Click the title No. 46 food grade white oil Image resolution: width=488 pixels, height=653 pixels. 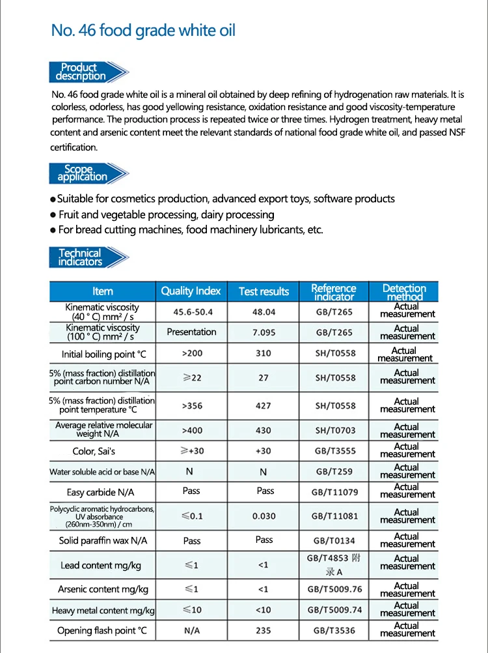point(143,30)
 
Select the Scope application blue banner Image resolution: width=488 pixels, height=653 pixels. point(83,173)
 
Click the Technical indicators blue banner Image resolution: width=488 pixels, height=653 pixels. point(81,257)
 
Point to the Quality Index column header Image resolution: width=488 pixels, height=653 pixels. point(191,291)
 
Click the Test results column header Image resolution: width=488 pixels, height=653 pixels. point(264,291)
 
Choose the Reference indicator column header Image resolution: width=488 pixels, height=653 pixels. point(334,292)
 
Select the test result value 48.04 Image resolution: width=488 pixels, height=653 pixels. point(264,312)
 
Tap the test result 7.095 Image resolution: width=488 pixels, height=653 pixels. point(264,332)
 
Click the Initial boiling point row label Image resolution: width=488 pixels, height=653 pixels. point(104,355)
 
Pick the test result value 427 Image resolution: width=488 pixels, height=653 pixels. point(263,405)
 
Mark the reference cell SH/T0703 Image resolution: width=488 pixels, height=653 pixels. point(335,431)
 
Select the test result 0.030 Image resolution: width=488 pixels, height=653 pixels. point(264,516)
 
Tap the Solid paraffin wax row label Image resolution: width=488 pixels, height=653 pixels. point(103,540)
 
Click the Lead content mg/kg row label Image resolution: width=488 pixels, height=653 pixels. point(101,565)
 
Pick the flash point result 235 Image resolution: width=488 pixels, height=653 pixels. point(263,630)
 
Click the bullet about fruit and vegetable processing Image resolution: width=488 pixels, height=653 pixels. point(166,214)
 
